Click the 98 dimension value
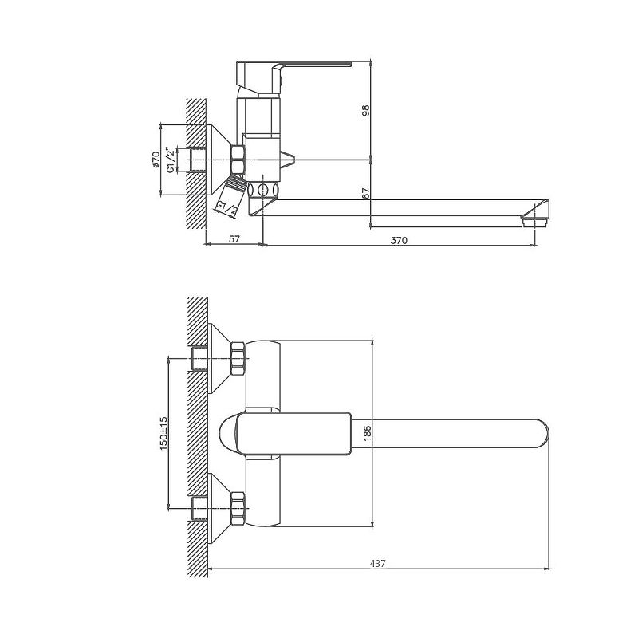366,111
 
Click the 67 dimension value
366,194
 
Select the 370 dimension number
400,239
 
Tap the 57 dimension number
235,239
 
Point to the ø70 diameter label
156,160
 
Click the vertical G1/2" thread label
170,159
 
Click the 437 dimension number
378,563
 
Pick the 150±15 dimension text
163,432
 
